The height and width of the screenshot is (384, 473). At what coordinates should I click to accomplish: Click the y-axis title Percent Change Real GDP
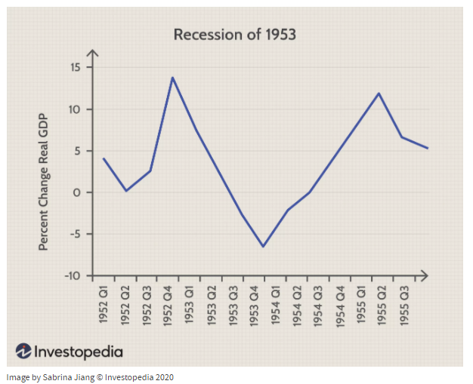(x=44, y=179)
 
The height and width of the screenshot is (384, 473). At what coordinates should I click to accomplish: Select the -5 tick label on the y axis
(x=73, y=234)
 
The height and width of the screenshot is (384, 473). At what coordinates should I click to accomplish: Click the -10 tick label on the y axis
(x=72, y=275)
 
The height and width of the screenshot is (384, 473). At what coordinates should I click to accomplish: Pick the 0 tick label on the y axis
(x=76, y=192)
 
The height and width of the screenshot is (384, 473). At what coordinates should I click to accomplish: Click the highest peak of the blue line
(x=172, y=77)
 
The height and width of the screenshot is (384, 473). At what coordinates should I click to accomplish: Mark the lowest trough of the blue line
(x=264, y=247)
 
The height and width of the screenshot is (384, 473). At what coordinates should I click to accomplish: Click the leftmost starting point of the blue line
(x=104, y=158)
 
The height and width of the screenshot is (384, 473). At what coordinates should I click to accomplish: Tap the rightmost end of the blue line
(x=428, y=148)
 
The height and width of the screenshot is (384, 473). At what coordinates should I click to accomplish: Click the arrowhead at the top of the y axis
(x=92, y=53)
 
